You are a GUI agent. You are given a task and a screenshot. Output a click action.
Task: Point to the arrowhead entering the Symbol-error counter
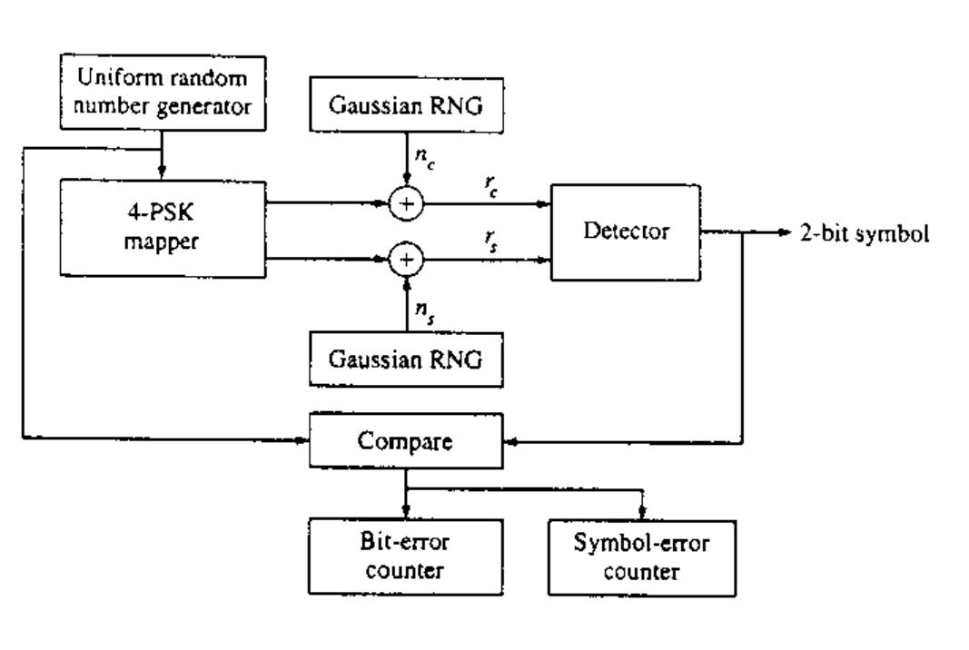[643, 513]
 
